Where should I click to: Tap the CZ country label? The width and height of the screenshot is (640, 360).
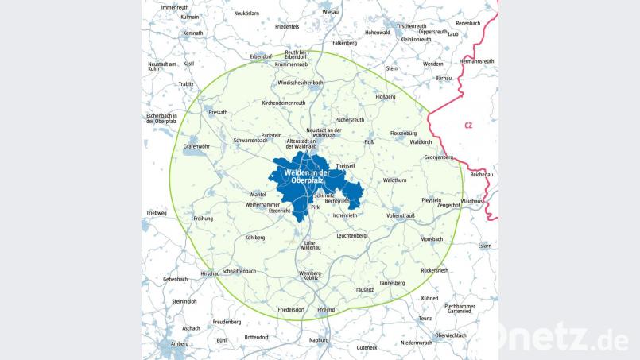click(x=468, y=125)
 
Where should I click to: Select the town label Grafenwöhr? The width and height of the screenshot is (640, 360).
click(x=196, y=146)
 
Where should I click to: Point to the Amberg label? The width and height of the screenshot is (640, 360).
click(x=180, y=343)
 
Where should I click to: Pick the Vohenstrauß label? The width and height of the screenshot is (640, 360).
click(x=401, y=215)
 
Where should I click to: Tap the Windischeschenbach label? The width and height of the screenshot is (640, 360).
click(x=300, y=83)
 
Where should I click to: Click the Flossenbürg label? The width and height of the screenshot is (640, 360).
click(x=404, y=133)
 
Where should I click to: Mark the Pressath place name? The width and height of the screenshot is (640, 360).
click(x=218, y=113)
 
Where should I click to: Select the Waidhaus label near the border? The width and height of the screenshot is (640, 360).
click(x=471, y=202)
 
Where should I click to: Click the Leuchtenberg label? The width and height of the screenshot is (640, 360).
click(x=351, y=235)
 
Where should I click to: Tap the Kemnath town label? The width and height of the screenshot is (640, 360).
click(x=193, y=33)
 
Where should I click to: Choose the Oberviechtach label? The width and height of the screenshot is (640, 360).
click(x=451, y=335)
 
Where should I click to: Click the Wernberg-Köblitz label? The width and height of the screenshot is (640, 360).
click(x=309, y=276)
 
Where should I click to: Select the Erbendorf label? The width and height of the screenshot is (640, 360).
click(x=262, y=56)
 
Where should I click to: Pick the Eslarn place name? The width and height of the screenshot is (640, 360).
click(x=485, y=246)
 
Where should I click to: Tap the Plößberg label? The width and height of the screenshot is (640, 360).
click(x=386, y=96)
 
